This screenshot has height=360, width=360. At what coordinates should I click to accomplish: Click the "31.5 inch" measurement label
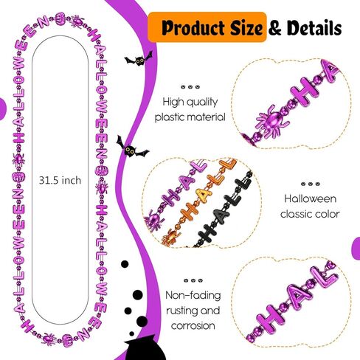pyautogui.click(x=60, y=181)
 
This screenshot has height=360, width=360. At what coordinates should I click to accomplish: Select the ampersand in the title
pyautogui.click(x=276, y=28)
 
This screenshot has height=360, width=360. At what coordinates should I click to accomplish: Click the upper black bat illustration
pyautogui.click(x=139, y=59)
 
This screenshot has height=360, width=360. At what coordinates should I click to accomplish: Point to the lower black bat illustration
pyautogui.click(x=131, y=147)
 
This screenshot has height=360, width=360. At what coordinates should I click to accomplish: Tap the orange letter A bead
pyautogui.click(x=204, y=194)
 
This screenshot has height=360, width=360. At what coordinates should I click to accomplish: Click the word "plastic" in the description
pyautogui.click(x=168, y=117)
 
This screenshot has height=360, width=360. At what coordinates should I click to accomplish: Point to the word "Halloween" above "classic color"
pyautogui.click(x=311, y=198)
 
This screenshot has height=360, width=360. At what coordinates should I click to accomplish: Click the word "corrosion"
pyautogui.click(x=193, y=325)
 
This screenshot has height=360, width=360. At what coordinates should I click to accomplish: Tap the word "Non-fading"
pyautogui.click(x=193, y=295)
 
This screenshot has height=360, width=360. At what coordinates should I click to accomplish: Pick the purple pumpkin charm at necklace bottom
pyautogui.click(x=67, y=340)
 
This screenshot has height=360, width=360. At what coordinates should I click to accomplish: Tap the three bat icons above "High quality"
pyautogui.click(x=190, y=87)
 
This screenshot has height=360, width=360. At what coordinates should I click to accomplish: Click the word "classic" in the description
pyautogui.click(x=294, y=214)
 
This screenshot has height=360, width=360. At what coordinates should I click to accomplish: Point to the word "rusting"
pyautogui.click(x=181, y=311)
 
